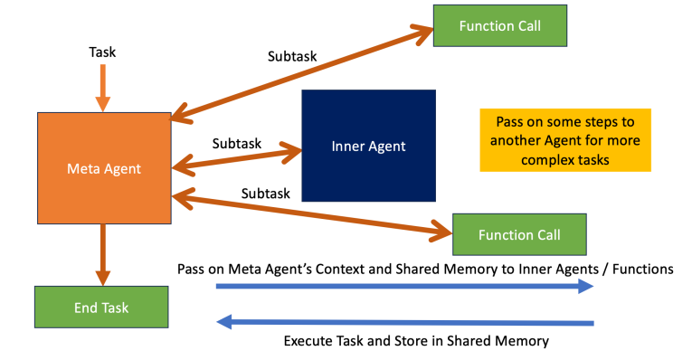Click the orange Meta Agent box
click(x=104, y=168)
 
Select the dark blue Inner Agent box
click(x=368, y=146)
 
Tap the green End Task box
click(x=101, y=308)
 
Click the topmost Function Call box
click(x=499, y=25)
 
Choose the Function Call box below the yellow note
click(x=519, y=235)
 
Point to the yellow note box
click(x=564, y=139)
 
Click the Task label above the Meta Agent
click(x=101, y=53)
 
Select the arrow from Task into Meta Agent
click(x=102, y=89)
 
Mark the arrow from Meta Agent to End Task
click(x=102, y=253)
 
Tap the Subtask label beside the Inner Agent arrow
click(x=237, y=143)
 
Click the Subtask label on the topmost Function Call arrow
click(x=292, y=55)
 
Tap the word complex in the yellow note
click(x=524, y=159)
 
